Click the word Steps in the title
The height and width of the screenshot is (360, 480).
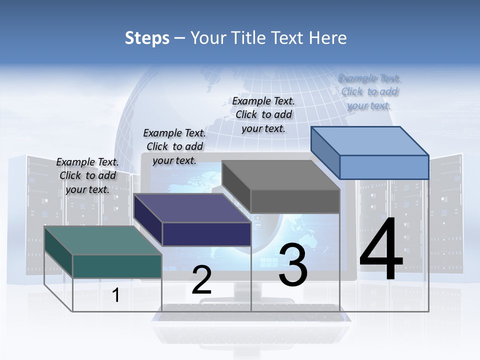pyautogui.click(x=147, y=38)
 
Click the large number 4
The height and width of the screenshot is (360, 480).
pyautogui.click(x=381, y=250)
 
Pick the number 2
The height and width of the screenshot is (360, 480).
pyautogui.click(x=201, y=280)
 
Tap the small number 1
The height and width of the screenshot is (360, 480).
pyautogui.click(x=116, y=295)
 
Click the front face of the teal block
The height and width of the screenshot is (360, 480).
pyautogui.click(x=117, y=266)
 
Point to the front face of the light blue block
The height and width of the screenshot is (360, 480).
pyautogui.click(x=384, y=167)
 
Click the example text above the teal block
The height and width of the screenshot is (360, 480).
pyautogui.click(x=87, y=175)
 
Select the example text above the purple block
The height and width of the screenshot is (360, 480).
pyautogui.click(x=174, y=146)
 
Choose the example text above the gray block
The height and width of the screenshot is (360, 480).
pyautogui.click(x=263, y=114)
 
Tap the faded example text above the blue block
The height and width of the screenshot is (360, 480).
pyautogui.click(x=369, y=91)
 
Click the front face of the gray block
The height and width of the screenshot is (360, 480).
pyautogui.click(x=295, y=201)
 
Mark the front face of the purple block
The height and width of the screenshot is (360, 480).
pyautogui.click(x=206, y=234)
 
